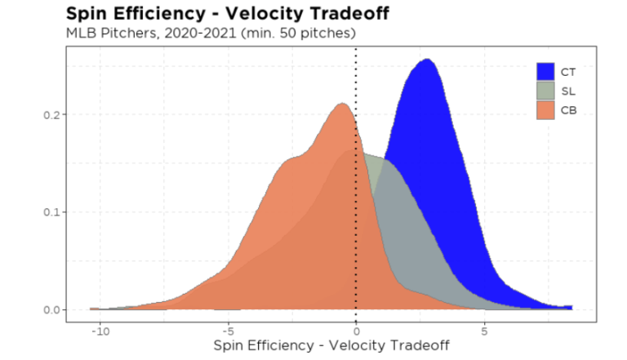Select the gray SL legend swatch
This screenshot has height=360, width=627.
point(546,91)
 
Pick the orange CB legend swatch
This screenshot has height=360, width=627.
point(546,109)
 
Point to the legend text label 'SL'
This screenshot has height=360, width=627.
point(567,91)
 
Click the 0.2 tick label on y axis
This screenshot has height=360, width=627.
point(51,114)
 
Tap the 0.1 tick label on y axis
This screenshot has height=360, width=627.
point(51,212)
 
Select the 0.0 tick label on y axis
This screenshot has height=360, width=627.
point(51,309)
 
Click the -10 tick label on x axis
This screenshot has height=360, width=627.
point(100,331)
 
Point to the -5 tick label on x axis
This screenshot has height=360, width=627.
point(228,331)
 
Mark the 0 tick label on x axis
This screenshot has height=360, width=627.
point(356,331)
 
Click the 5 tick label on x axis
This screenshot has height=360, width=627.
point(484,331)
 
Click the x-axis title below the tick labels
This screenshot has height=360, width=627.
point(331,346)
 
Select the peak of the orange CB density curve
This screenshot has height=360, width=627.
point(342,104)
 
